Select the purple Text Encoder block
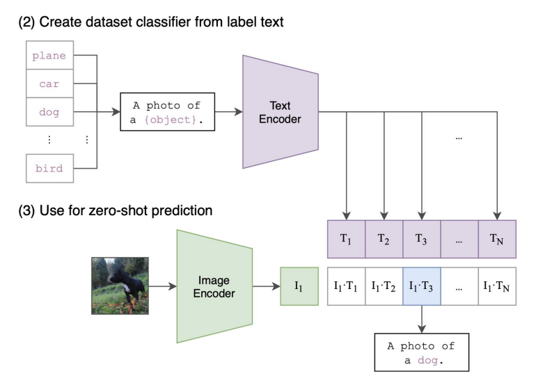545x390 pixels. [x=280, y=111]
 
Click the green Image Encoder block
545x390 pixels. [x=214, y=286]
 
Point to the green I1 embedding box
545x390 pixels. [x=299, y=286]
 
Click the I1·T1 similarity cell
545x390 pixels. [x=346, y=286]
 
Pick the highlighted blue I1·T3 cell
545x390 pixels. [x=421, y=286]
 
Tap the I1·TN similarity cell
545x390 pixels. [x=497, y=286]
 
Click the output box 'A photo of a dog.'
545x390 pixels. [x=422, y=354]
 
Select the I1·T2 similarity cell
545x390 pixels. [x=384, y=286]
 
